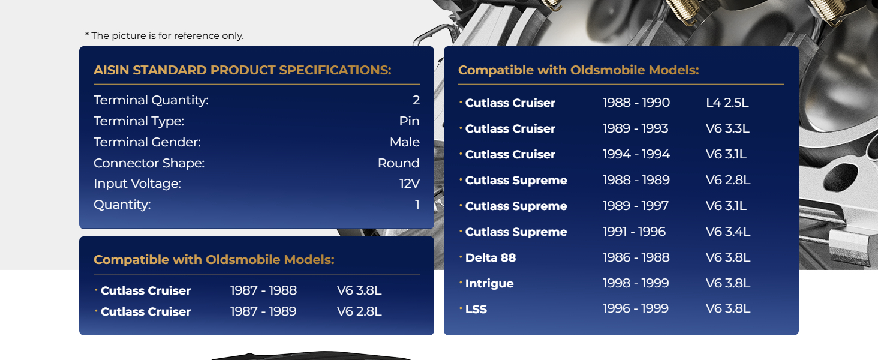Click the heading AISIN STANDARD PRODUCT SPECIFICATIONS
click(x=242, y=70)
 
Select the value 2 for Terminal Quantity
click(x=416, y=100)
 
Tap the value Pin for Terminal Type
click(x=409, y=121)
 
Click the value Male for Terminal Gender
click(x=404, y=142)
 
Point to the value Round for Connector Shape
click(x=399, y=163)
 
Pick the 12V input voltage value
click(x=409, y=184)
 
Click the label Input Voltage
click(x=137, y=184)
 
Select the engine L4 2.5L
click(x=727, y=103)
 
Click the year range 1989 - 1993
click(x=635, y=128)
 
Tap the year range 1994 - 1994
click(x=636, y=154)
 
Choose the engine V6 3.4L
click(x=728, y=232)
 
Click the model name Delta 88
click(x=491, y=257)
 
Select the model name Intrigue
click(x=489, y=284)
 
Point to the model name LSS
click(x=476, y=309)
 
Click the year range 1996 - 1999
click(x=635, y=308)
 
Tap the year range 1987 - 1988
click(x=263, y=290)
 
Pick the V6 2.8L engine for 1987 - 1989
click(x=359, y=311)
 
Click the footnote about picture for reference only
click(x=164, y=35)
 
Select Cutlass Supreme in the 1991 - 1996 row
click(x=516, y=232)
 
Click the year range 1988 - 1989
click(x=636, y=180)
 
